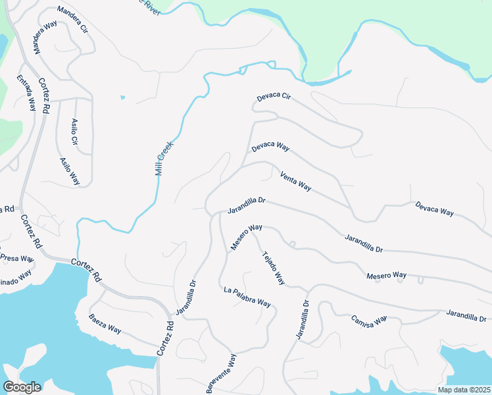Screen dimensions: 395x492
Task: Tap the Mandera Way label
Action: pos(38,40)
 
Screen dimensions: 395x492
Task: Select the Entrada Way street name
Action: pos(26,93)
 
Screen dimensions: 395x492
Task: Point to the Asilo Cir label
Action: pos(74,132)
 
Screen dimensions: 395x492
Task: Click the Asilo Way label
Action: pos(70,171)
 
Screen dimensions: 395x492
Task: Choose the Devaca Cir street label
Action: pos(273,97)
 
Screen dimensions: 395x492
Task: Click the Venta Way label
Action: pos(295,181)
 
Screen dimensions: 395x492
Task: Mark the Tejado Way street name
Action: pos(273,269)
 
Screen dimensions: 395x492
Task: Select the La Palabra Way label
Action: pos(247,297)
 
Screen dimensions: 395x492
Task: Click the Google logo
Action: pos(22,386)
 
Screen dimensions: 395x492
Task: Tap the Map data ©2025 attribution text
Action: pos(463,390)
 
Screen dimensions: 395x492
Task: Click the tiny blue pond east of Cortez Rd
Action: pos(122,98)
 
